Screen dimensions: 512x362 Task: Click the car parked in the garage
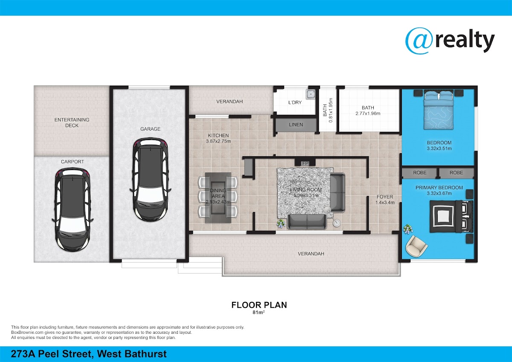coord(150,179)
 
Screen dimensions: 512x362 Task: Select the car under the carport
coord(73,210)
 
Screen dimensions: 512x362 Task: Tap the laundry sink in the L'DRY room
coord(311,94)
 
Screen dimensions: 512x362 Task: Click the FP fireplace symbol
coord(305,163)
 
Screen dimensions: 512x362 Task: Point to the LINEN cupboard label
coord(296,125)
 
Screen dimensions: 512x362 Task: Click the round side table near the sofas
coord(337,223)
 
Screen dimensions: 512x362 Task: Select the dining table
coord(218,198)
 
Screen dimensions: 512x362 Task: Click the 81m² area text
coord(259,312)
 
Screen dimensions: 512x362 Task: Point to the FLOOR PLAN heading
coord(259,305)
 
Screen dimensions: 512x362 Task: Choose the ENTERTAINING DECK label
coord(72,123)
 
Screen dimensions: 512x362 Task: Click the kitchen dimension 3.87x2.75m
coord(218,141)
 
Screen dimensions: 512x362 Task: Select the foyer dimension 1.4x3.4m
coord(385,202)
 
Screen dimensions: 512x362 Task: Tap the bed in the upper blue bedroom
coord(439,110)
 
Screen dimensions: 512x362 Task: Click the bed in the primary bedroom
coord(451,216)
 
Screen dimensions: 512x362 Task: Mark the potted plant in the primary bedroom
coord(407,229)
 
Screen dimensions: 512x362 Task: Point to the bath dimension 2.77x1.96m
coord(368,113)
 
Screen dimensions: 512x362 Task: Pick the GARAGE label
coord(150,129)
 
